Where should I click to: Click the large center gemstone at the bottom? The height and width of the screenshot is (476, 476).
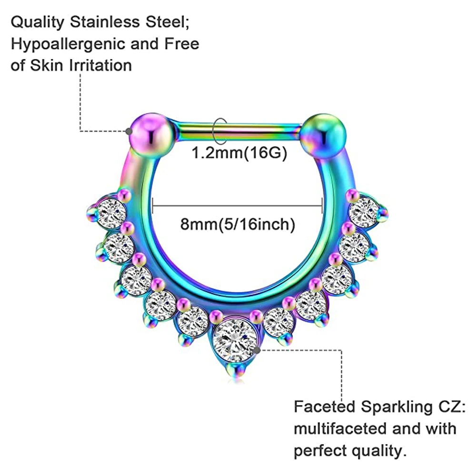pos(236,337)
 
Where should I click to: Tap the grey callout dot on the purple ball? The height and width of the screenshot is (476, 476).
pos(129,130)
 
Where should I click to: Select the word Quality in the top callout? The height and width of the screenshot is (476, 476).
pos(39,22)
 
